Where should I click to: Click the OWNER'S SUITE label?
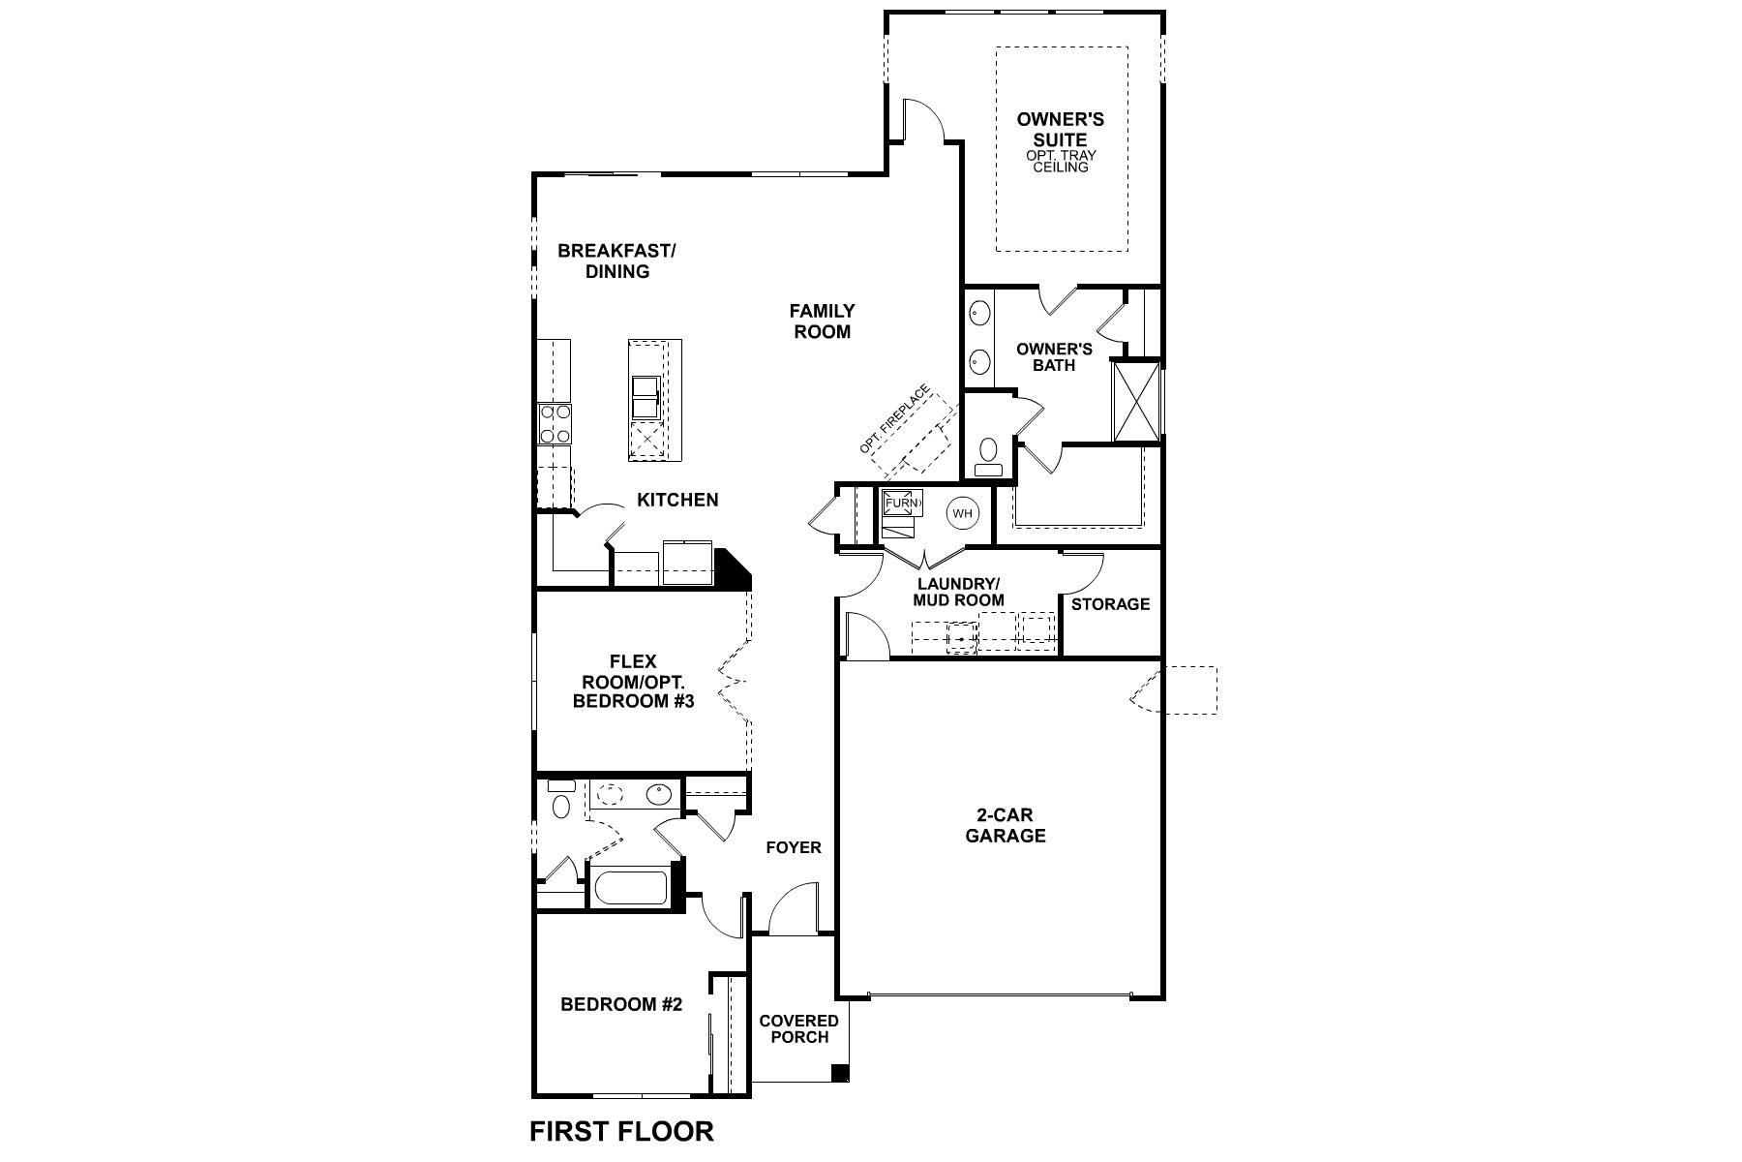coord(1060,130)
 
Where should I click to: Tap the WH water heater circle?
coord(961,513)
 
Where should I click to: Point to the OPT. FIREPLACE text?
coord(894,420)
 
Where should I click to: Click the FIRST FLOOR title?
coord(621,1131)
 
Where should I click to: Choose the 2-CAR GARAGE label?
coord(1005,825)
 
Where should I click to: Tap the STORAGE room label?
coord(1110,604)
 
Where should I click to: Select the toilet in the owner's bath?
coord(988,455)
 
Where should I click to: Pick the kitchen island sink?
coord(645,397)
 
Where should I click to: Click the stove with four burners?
coord(555,423)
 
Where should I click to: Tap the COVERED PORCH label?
coord(798,1028)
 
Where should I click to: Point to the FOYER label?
coord(793,848)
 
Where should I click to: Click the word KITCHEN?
coord(677,500)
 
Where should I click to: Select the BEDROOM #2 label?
coord(621,1005)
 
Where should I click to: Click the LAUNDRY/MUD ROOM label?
coord(958,592)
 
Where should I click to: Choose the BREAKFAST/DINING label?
coord(616,261)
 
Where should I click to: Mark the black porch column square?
coord(840,1073)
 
